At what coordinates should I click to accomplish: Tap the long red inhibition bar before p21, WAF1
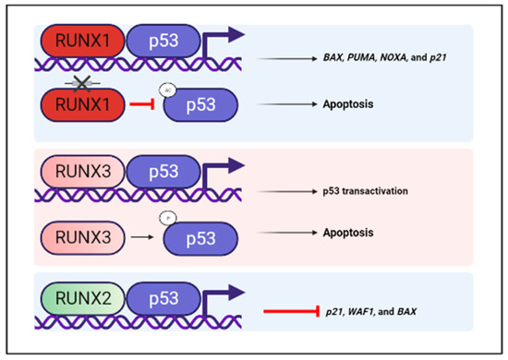[296, 312]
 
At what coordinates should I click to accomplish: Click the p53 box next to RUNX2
[172, 297]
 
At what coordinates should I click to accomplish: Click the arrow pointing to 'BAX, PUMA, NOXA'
[295, 57]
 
